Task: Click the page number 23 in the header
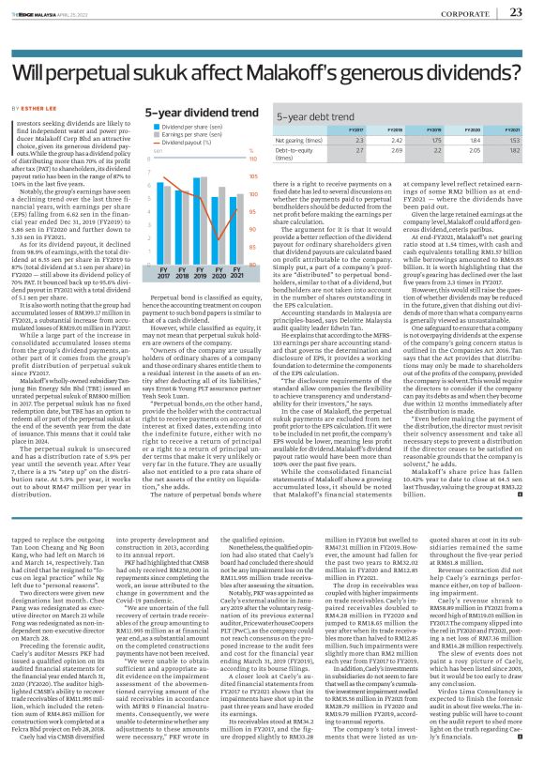click(514, 12)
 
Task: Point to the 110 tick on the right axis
click(251, 156)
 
